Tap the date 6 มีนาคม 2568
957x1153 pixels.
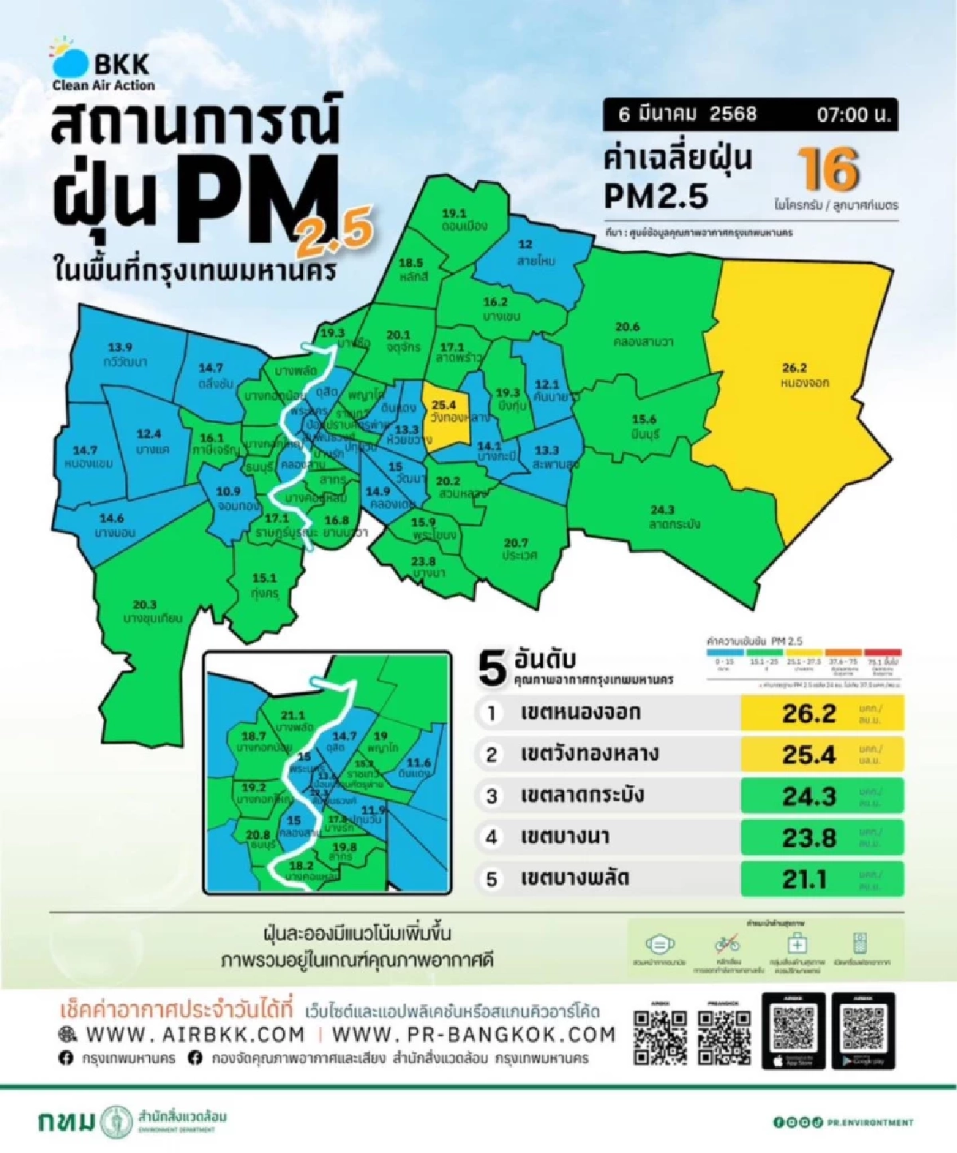click(x=687, y=114)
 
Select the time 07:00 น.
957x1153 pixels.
click(x=853, y=115)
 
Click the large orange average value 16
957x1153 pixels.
click(x=829, y=170)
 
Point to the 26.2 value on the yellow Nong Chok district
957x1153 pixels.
click(x=794, y=367)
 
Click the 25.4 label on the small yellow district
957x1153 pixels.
click(x=443, y=406)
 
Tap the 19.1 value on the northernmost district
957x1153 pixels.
click(x=454, y=214)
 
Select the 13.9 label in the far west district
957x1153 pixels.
click(x=120, y=347)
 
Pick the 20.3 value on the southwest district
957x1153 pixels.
click(x=144, y=605)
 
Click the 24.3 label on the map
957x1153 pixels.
click(x=662, y=510)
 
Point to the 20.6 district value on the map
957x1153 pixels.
click(x=628, y=327)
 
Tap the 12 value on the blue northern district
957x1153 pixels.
click(x=525, y=245)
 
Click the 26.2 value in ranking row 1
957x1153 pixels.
click(x=809, y=713)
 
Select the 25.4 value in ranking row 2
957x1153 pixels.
click(x=809, y=755)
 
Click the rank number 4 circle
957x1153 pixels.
click(x=491, y=837)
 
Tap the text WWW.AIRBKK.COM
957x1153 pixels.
click(x=195, y=1034)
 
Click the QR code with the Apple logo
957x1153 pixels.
click(x=793, y=1030)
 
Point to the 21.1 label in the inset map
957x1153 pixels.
click(x=293, y=716)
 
